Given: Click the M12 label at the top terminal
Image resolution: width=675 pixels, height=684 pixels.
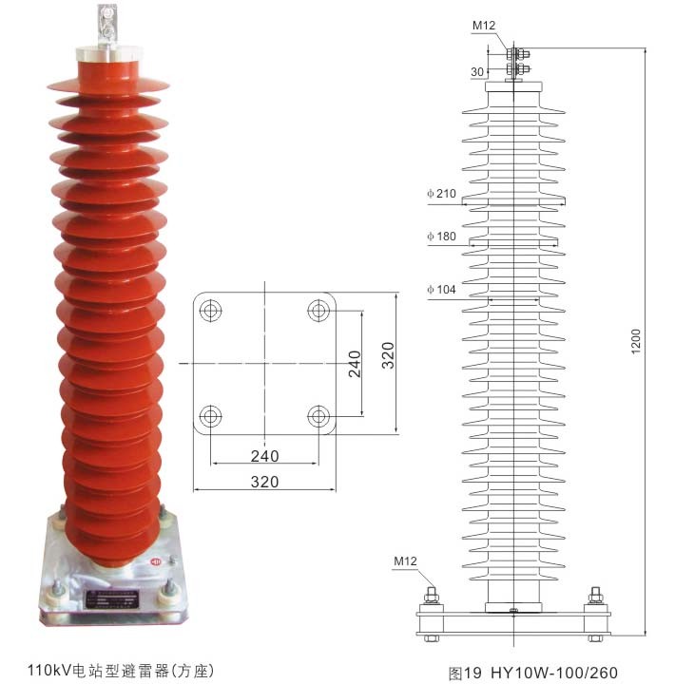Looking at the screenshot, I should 484,25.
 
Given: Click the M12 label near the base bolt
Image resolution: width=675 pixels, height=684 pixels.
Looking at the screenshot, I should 406,560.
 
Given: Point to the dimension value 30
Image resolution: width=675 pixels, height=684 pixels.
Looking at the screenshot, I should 478,70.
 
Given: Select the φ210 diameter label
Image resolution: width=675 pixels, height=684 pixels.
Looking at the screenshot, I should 442,194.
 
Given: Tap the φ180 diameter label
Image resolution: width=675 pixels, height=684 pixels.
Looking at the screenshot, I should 442,237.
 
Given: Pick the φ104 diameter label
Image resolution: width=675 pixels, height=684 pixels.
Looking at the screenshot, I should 442,289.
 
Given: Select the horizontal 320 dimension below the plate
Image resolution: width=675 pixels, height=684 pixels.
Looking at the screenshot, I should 264,482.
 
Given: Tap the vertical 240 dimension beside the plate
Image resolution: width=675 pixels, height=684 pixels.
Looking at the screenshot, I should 353,362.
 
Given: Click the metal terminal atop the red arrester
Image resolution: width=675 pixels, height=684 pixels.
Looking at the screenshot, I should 106,26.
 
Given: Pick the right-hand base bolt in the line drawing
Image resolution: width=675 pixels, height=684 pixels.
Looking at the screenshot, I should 596,598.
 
